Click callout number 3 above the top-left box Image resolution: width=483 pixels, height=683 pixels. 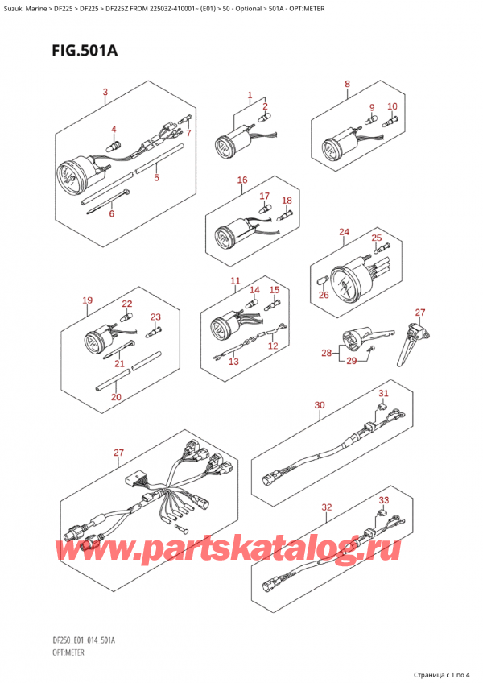(x=105, y=92)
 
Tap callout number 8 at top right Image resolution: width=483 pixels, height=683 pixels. (x=347, y=84)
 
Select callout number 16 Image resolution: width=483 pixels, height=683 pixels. (x=242, y=180)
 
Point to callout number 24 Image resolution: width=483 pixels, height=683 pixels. (x=344, y=233)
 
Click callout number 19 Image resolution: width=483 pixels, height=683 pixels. (x=87, y=301)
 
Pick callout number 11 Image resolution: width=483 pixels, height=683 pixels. (x=235, y=280)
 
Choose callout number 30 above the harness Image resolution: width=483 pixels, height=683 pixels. (x=320, y=404)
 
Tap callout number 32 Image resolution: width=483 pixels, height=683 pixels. (x=326, y=507)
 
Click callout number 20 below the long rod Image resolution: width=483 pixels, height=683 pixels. (x=116, y=397)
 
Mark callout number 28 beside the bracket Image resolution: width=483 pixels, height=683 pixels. (x=324, y=353)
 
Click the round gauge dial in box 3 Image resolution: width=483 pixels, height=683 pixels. (x=70, y=177)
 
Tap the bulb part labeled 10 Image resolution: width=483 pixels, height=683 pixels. (x=389, y=122)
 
